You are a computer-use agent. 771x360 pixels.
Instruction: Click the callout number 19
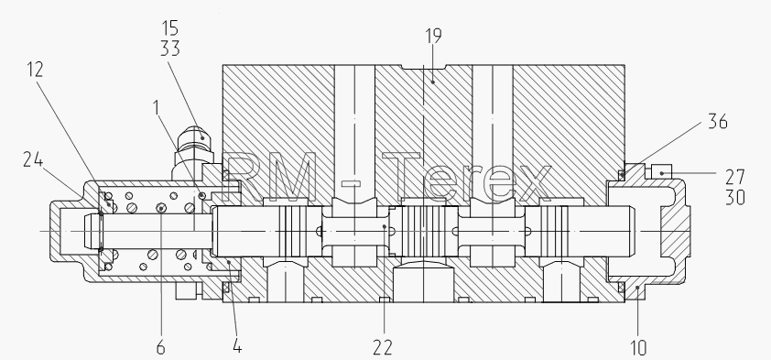433,36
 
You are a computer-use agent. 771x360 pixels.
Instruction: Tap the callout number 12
35,70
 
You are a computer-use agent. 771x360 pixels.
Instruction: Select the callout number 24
33,159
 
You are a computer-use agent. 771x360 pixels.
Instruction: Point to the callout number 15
169,28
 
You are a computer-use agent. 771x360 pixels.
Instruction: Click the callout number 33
170,49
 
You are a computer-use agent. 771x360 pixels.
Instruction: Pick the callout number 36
717,122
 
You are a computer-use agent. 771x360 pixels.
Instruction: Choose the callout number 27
735,177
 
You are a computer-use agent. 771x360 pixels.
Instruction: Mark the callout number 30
735,197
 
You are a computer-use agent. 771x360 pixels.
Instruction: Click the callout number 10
637,348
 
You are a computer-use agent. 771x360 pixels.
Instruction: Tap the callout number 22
383,348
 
